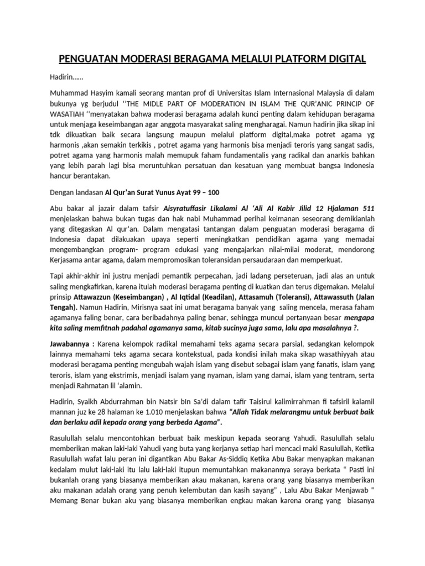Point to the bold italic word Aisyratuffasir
click(x=191, y=208)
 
